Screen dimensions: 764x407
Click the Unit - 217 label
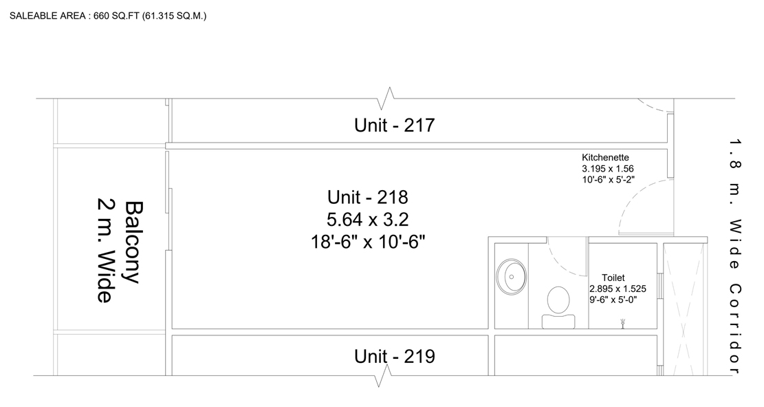point(394,125)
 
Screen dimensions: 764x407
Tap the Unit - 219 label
point(394,356)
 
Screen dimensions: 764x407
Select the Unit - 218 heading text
point(367,197)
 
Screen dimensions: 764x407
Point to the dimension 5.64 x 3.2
point(367,220)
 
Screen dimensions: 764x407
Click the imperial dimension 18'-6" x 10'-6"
point(368,242)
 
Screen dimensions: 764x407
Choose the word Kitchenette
point(605,158)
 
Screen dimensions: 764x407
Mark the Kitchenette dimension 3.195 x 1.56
point(608,169)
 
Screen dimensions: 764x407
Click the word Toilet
point(613,278)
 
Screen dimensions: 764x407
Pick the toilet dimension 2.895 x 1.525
point(618,289)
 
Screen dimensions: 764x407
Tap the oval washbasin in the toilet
point(512,277)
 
